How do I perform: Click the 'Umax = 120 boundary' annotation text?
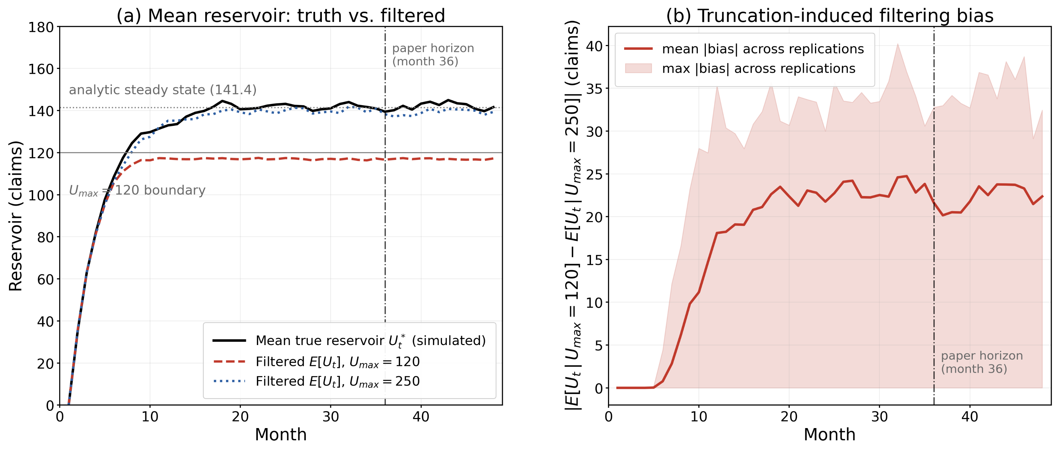(137, 190)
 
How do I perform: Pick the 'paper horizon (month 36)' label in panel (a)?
(433, 55)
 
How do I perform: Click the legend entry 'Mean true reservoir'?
(349, 341)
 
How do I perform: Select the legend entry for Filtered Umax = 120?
(316, 361)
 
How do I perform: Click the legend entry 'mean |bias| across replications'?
(744, 49)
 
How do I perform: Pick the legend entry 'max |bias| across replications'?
(740, 68)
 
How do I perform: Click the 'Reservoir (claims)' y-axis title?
(15, 216)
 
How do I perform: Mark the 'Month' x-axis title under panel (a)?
(281, 434)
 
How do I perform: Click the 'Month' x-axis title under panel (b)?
(830, 434)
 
